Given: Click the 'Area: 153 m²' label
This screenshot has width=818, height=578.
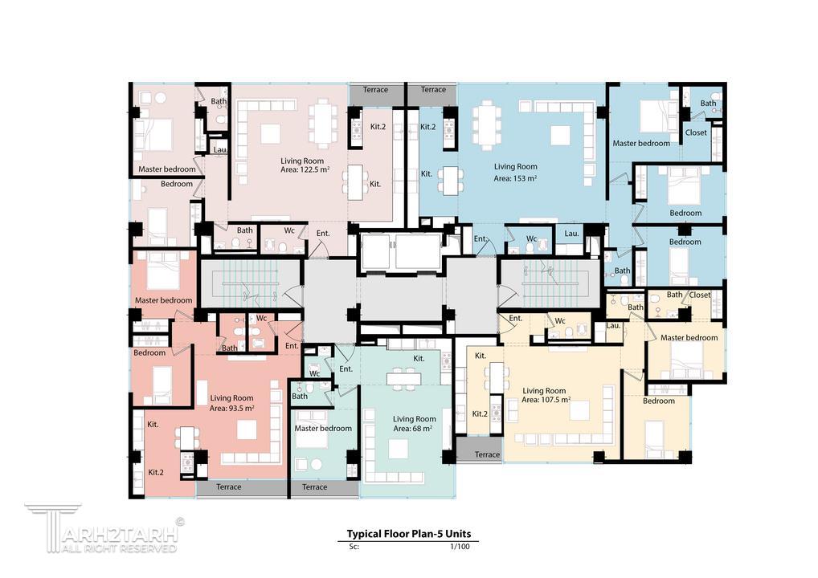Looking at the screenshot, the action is pyautogui.click(x=515, y=178).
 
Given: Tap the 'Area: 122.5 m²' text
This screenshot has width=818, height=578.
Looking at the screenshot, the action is pyautogui.click(x=305, y=169).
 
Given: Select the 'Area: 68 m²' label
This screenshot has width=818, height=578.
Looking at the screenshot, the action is pyautogui.click(x=413, y=429).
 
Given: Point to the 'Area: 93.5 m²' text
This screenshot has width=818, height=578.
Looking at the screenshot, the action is pyautogui.click(x=231, y=408).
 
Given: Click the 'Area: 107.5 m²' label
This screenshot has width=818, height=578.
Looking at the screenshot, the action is pyautogui.click(x=546, y=400).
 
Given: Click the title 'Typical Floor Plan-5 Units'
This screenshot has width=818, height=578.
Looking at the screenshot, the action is pyautogui.click(x=409, y=534).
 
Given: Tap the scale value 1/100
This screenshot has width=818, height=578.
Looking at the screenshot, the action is pyautogui.click(x=460, y=547).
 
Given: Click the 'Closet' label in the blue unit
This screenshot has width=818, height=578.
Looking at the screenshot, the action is pyautogui.click(x=696, y=132).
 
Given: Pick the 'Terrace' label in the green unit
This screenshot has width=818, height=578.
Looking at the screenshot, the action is pyautogui.click(x=314, y=486).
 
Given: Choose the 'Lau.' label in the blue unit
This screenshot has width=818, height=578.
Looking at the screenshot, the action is pyautogui.click(x=572, y=234).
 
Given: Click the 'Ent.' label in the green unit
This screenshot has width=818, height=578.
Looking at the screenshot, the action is pyautogui.click(x=346, y=369).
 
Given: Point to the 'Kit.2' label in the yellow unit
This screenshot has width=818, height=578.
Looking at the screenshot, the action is pyautogui.click(x=480, y=413).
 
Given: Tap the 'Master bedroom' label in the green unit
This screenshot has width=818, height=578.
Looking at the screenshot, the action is pyautogui.click(x=323, y=428).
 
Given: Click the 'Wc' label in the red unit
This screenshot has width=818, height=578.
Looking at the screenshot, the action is pyautogui.click(x=261, y=318).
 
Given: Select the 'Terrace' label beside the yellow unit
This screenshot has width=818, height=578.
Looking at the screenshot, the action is pyautogui.click(x=487, y=454).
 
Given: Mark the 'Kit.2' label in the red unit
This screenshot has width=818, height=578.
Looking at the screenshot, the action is pyautogui.click(x=156, y=472).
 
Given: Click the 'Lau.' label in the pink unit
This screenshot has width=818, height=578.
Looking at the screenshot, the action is pyautogui.click(x=220, y=149).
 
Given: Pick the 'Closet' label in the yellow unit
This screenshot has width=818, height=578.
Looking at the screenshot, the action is pyautogui.click(x=700, y=295).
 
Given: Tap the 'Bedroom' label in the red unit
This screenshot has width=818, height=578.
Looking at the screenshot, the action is pyautogui.click(x=149, y=353).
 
